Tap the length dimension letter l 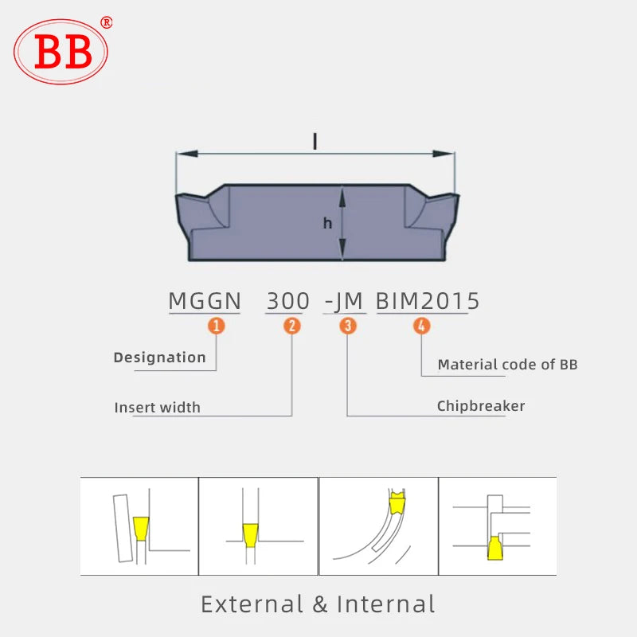[x=315, y=142]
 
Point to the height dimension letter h [x=327, y=224]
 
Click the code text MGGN [x=205, y=301]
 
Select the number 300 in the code [x=287, y=301]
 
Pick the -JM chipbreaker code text [x=344, y=301]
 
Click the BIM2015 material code [x=428, y=301]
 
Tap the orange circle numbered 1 [x=216, y=325]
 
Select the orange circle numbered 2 [x=292, y=325]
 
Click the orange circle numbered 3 [x=348, y=325]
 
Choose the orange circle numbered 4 [x=421, y=325]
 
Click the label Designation [x=159, y=358]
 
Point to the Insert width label [x=157, y=408]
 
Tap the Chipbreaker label [x=481, y=406]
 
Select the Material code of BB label [x=507, y=365]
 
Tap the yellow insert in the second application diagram [x=250, y=532]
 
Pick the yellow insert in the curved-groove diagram [x=396, y=503]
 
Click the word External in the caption [x=252, y=604]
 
